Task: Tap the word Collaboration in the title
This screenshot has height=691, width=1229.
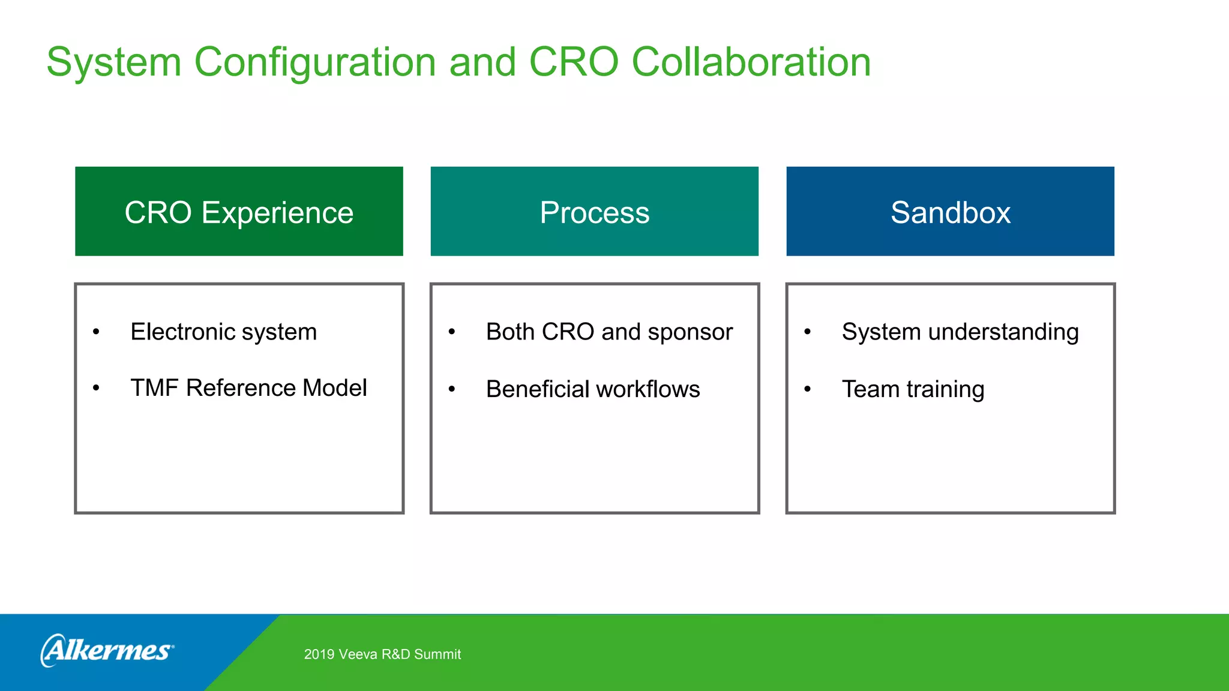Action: [751, 62]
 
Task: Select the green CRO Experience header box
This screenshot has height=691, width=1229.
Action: [239, 211]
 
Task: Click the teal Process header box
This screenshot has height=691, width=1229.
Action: [594, 211]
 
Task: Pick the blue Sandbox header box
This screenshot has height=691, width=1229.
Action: [950, 211]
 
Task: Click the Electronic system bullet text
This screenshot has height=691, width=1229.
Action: [223, 332]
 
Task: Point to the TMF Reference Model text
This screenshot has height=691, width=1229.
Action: [248, 388]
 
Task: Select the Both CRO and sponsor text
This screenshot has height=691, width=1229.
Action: [609, 332]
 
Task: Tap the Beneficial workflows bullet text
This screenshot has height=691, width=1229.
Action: [593, 389]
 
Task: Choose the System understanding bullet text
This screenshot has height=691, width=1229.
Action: [960, 332]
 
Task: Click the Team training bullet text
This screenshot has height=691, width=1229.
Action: [913, 389]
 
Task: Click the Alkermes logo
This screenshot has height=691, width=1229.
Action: [107, 650]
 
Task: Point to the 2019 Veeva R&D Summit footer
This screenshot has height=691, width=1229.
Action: [382, 654]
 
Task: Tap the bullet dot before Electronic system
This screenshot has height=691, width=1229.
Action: [96, 332]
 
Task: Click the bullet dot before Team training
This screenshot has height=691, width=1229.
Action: [808, 389]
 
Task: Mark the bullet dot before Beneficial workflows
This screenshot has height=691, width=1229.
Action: [452, 389]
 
